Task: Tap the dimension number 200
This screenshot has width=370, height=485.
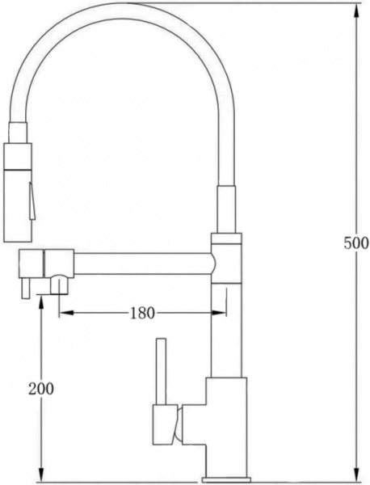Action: point(40,388)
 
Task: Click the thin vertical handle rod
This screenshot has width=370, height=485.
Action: point(160,369)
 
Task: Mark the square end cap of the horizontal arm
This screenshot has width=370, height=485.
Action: point(32,264)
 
